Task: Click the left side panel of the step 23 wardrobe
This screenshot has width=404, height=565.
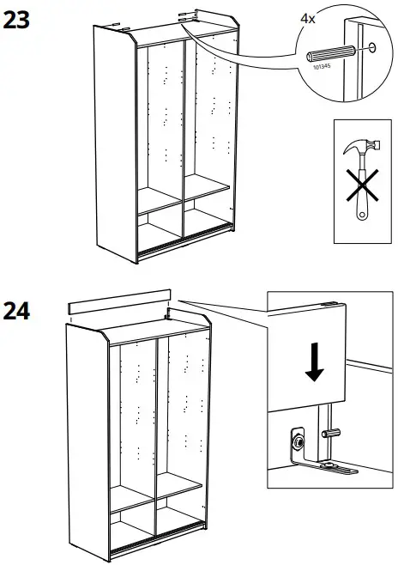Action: tap(112, 146)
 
